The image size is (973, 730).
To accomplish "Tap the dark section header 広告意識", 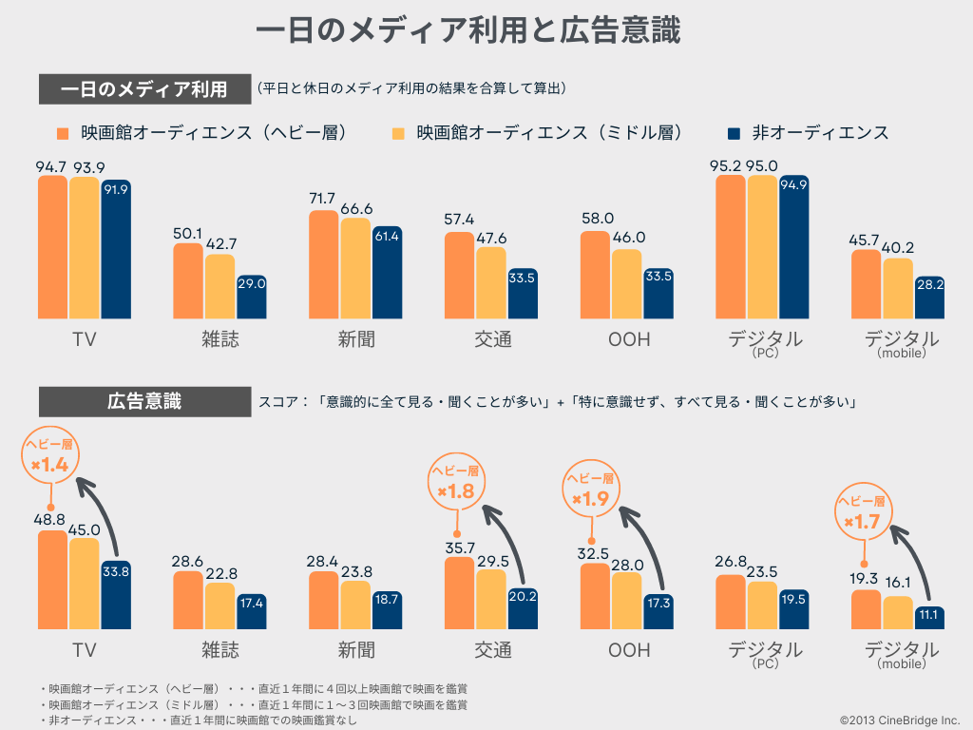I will (143, 401).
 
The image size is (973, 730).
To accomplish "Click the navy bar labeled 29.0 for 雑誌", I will (251, 297).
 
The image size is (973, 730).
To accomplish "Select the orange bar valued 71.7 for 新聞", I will (323, 264).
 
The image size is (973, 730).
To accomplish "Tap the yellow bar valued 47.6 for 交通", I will (491, 282).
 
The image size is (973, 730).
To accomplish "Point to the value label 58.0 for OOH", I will (597, 219).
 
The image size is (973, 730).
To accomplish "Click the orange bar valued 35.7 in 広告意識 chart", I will (459, 593).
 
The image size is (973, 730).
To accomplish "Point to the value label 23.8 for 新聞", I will (355, 572).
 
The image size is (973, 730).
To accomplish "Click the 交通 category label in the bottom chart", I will (492, 650).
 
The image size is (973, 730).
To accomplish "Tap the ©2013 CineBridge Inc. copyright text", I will (899, 720).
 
